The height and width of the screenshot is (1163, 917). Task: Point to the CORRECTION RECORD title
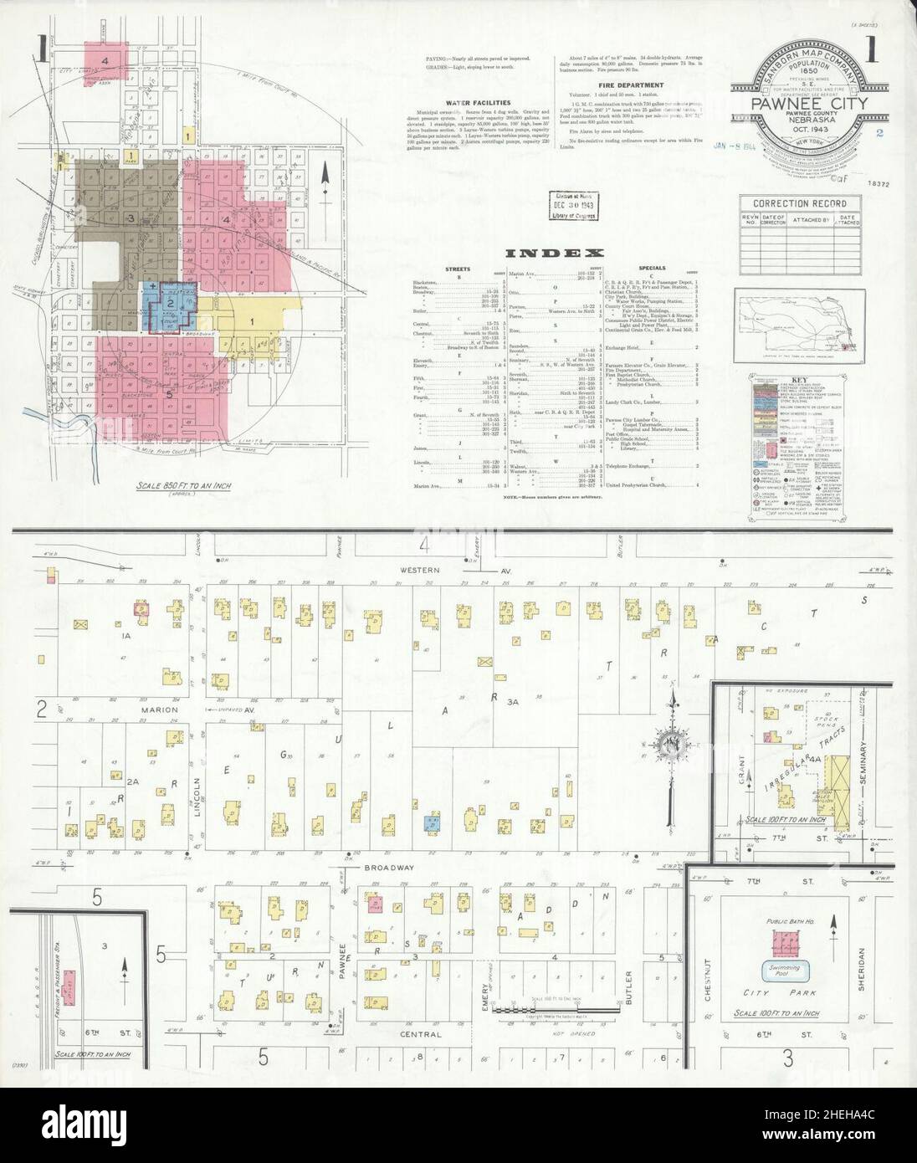pyautogui.click(x=799, y=203)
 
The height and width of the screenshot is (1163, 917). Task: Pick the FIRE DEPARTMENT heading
pyautogui.click(x=632, y=85)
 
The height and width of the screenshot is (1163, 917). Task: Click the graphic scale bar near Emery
pyautogui.click(x=558, y=1010)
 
